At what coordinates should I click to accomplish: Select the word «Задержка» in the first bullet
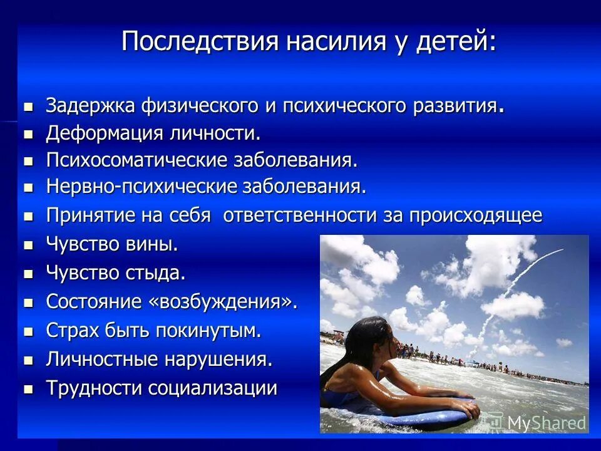pyautogui.click(x=90, y=105)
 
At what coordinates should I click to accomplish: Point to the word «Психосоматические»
pyautogui.click(x=135, y=160)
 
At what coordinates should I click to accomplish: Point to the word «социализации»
pyautogui.click(x=212, y=388)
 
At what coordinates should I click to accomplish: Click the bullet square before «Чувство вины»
pyautogui.click(x=28, y=245)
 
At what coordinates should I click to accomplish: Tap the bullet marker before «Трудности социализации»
pyautogui.click(x=28, y=389)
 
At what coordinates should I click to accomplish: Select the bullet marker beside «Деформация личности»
pyautogui.click(x=28, y=134)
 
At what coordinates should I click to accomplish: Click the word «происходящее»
pyautogui.click(x=476, y=215)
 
